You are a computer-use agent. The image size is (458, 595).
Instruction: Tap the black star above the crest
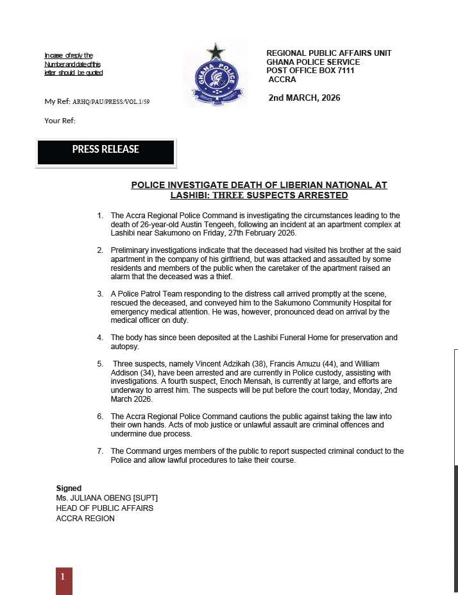pos(216,51)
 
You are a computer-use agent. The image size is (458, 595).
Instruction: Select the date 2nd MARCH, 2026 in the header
pos(304,98)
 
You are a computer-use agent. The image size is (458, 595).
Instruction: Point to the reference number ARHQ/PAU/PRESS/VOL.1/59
pos(112,102)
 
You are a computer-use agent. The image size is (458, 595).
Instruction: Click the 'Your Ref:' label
pos(60,121)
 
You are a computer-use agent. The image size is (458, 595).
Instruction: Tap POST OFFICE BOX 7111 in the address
pos(310,71)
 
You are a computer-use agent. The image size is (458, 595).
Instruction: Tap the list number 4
pos(100,338)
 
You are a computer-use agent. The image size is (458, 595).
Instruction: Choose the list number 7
pos(100,451)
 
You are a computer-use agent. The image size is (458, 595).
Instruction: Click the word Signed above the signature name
pos(69,488)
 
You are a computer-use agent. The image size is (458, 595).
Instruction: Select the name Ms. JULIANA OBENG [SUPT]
pos(106,498)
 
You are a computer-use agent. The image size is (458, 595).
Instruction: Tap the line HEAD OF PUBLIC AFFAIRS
pos(105,508)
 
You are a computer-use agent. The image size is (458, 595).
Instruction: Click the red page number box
pos(64,580)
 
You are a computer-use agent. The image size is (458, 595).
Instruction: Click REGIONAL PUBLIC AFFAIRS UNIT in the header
pos(328,53)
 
